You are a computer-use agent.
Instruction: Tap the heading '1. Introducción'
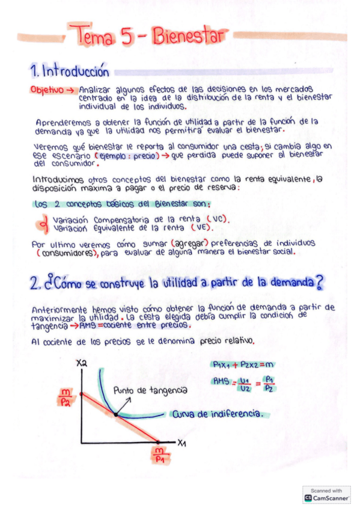click(70, 72)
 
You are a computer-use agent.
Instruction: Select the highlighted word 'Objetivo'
click(46, 90)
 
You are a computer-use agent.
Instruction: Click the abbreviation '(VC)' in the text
click(216, 219)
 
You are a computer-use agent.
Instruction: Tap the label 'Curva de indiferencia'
click(218, 414)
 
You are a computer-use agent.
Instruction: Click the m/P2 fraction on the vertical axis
click(64, 398)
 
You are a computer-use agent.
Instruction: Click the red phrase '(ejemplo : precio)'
click(131, 155)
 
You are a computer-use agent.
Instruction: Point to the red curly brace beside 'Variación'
click(43, 224)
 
